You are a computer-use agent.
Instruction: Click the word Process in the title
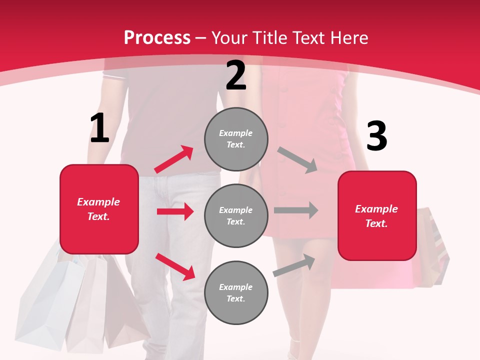(x=157, y=38)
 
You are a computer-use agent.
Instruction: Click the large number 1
(x=99, y=128)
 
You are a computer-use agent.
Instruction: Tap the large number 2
(x=236, y=75)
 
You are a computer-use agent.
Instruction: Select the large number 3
(x=376, y=136)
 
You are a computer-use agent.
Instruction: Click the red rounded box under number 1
(x=99, y=209)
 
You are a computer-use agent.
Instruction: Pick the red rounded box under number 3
(x=377, y=216)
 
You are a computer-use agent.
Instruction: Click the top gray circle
(x=236, y=139)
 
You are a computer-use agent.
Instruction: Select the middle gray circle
(x=236, y=215)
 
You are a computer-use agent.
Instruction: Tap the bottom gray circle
(x=236, y=292)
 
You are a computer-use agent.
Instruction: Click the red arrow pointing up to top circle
(x=174, y=159)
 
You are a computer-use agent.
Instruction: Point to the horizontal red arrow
(x=175, y=211)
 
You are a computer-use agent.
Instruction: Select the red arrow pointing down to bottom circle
(x=175, y=266)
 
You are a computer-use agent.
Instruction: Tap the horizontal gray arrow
(x=296, y=210)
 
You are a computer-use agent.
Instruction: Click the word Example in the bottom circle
(x=236, y=287)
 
